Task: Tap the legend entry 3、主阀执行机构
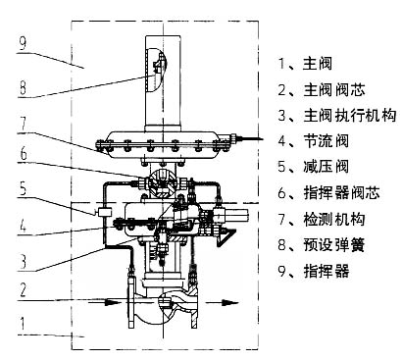click(336, 115)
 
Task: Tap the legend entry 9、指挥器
click(313, 268)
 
